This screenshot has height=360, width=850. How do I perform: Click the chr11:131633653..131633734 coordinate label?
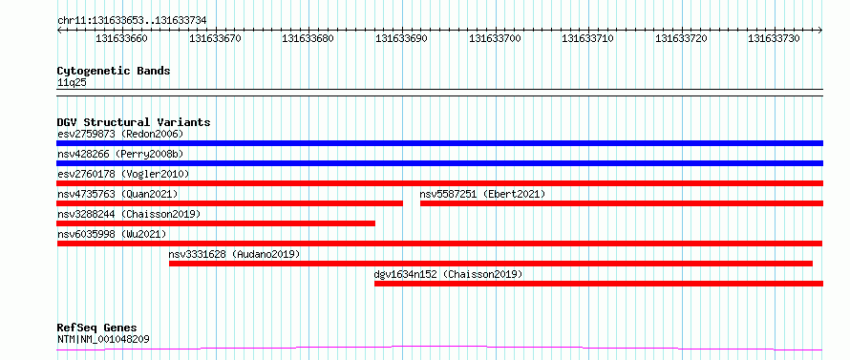132,21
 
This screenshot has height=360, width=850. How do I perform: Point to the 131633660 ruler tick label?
121,38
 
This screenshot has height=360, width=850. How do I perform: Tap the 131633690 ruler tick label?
402,38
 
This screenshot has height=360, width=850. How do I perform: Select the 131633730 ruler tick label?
775,38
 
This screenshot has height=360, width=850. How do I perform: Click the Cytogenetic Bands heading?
114,71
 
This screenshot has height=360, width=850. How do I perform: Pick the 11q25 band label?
72,83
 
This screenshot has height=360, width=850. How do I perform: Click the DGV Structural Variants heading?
134,122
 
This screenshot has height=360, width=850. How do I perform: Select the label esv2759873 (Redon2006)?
120,134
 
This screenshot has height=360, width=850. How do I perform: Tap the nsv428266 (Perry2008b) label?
120,155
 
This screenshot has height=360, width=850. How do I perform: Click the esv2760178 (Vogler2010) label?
123,174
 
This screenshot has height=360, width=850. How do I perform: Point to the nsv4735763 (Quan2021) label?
117,194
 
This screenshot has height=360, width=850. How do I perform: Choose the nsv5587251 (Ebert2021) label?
482,194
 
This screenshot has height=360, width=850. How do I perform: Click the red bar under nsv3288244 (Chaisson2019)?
216,223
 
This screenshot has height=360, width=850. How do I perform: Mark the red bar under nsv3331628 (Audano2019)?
491,264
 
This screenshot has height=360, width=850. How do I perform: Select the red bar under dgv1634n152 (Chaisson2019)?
599,284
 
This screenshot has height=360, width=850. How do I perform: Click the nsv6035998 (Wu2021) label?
112,234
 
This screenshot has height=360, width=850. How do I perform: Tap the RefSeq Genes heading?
97,328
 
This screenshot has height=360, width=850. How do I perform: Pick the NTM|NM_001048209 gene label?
103,340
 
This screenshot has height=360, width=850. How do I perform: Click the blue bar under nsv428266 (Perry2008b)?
439,163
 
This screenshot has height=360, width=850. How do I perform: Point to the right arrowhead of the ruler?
820,31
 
